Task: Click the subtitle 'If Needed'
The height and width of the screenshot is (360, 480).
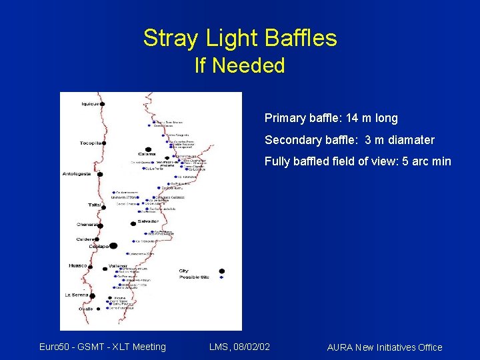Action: click(239, 65)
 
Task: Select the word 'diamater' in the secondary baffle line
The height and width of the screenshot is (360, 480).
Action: click(409, 140)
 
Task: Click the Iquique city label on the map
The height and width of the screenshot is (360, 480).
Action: click(89, 103)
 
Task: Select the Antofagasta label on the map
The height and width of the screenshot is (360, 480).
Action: click(77, 175)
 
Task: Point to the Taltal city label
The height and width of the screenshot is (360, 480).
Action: click(95, 205)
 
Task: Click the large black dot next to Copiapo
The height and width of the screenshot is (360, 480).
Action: click(113, 246)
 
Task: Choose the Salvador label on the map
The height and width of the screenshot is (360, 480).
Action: click(148, 221)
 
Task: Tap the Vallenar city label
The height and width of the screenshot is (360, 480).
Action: click(117, 265)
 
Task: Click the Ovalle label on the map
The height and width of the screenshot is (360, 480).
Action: click(86, 309)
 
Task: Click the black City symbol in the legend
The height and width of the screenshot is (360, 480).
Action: click(222, 271)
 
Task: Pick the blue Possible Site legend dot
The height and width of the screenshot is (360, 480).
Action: click(222, 277)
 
